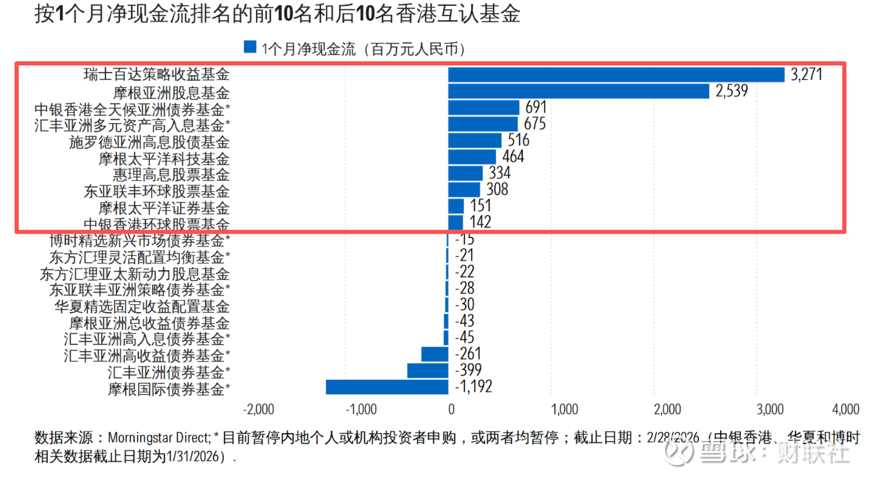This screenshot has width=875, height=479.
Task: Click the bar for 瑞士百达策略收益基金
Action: tap(616, 75)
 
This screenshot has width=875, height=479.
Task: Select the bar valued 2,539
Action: tap(578, 91)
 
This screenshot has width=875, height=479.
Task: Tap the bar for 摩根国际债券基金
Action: tap(387, 387)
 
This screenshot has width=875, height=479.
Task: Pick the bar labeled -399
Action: tap(428, 370)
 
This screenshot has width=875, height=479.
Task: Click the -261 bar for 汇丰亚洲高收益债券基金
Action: tap(434, 354)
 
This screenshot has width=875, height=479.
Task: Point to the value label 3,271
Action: tap(806, 75)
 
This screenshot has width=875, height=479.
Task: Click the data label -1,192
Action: tap(473, 387)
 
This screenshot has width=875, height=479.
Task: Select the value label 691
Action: tap(536, 108)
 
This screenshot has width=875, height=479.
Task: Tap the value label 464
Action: tap(513, 156)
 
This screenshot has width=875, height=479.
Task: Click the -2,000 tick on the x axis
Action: tap(258, 409)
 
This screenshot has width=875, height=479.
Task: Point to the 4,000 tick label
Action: tap(845, 409)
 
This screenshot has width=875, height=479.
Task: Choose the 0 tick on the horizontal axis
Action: tap(451, 409)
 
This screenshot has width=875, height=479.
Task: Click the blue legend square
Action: tap(250, 47)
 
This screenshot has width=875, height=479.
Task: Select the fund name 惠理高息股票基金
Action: tap(171, 175)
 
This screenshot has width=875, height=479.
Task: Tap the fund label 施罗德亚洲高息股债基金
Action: tap(149, 142)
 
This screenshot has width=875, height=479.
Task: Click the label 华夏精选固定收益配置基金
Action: tap(142, 307)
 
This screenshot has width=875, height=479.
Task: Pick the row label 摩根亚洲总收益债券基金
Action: tap(149, 323)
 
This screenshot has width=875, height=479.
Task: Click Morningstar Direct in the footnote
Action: tap(159, 438)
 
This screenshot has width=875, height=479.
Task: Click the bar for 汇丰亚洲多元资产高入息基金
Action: tap(483, 124)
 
